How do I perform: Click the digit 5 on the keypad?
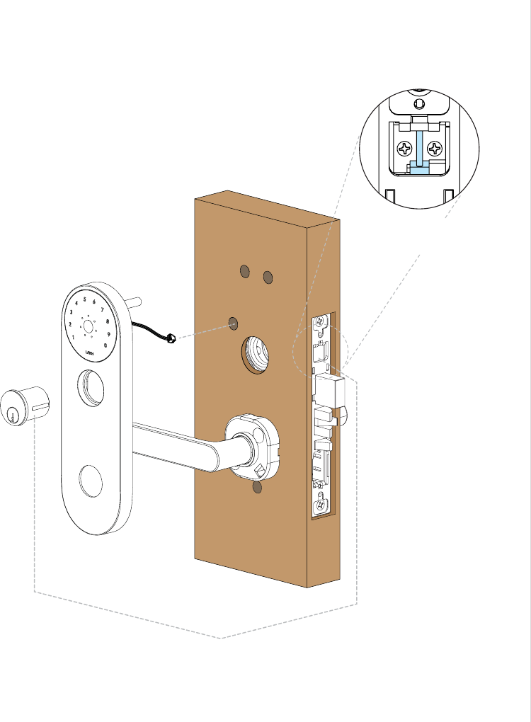point(85,299)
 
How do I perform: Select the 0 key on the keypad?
point(105,345)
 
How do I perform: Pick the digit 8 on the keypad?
point(108,322)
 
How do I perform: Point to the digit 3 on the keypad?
point(72,312)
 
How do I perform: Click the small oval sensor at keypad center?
point(90,327)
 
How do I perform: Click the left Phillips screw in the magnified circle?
point(405,149)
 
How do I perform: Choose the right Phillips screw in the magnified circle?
point(435,149)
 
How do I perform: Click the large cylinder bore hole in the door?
point(256,353)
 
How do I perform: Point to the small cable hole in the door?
point(233,323)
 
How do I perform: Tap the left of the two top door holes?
point(245,271)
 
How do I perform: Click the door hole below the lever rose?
point(258,488)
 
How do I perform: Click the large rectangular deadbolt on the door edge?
point(329,389)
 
